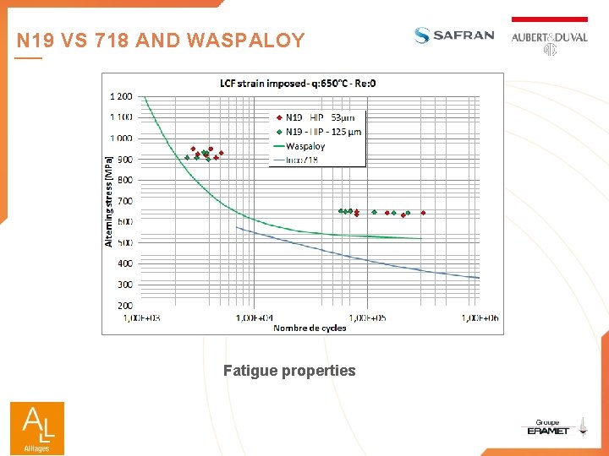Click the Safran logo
point(453,35)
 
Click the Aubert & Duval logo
point(549,38)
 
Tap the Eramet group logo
point(548,428)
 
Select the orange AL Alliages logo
point(36,427)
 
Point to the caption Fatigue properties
point(289,371)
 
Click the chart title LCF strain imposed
point(298,83)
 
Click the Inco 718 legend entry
point(302,160)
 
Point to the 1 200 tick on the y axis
point(121,96)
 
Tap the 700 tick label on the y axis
point(124,201)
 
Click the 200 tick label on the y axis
point(124,305)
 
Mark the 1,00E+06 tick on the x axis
point(479,318)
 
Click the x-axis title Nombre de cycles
point(310,328)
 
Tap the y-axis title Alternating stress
point(108,201)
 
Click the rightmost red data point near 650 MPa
point(423,213)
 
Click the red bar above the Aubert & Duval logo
point(549,19)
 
